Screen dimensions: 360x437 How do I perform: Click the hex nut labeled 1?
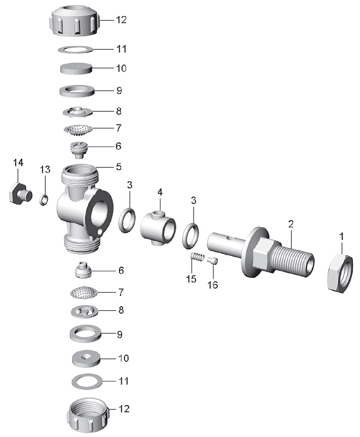coord(340,273)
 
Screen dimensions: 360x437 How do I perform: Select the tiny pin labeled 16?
coord(212,260)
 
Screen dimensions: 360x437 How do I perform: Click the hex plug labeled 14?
coord(20,193)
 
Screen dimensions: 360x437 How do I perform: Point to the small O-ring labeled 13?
coord(43,200)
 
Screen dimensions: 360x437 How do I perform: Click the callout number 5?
coord(119,167)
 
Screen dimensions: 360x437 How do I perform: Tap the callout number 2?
coord(291,224)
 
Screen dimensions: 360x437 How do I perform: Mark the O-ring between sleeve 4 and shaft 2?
coord(191,236)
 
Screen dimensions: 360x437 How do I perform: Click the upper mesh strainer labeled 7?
coord(78,130)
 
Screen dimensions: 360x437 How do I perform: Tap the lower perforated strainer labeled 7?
coord(84,293)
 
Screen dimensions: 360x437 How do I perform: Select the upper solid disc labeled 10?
coord(76,69)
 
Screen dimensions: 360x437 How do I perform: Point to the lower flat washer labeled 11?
coord(87,381)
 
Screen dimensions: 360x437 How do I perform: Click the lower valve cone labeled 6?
coord(83,270)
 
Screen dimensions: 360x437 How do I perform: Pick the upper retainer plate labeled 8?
coord(77,112)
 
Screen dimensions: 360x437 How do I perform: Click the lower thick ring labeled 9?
coord(85,333)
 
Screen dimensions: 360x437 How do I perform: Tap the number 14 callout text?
coord(18,163)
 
